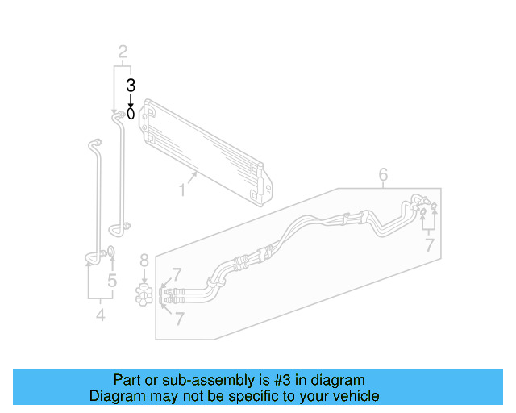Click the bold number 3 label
pyautogui.click(x=131, y=85)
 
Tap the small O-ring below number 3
pyautogui.click(x=131, y=114)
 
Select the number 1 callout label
pyautogui.click(x=183, y=190)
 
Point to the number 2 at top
pyautogui.click(x=123, y=53)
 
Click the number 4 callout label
pyautogui.click(x=100, y=315)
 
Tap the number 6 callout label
pyautogui.click(x=383, y=174)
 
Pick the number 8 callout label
pyautogui.click(x=144, y=260)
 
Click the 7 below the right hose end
pyautogui.click(x=430, y=244)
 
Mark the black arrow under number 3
pyautogui.click(x=131, y=99)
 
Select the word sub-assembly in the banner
pyautogui.click(x=190, y=380)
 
